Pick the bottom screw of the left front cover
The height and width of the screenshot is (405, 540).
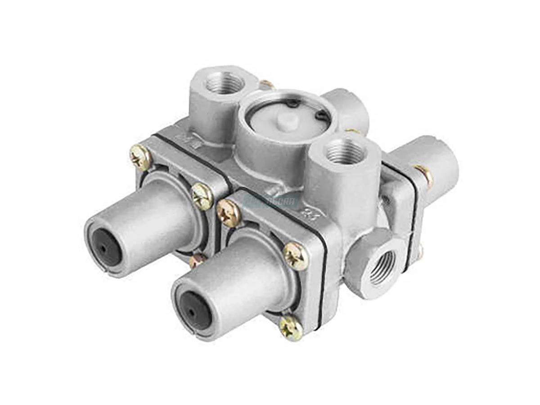(x=196, y=260)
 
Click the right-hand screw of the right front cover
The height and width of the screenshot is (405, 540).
(x=296, y=256)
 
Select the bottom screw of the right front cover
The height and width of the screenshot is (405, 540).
(x=291, y=327)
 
